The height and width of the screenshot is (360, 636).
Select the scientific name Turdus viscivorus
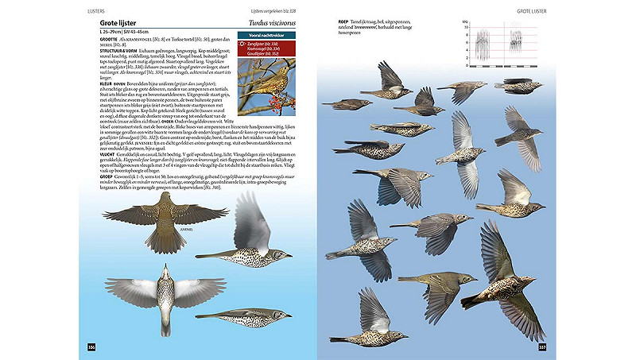click(x=269, y=24)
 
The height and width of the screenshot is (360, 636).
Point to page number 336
click(x=91, y=346)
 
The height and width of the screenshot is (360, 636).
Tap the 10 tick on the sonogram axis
click(x=465, y=30)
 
